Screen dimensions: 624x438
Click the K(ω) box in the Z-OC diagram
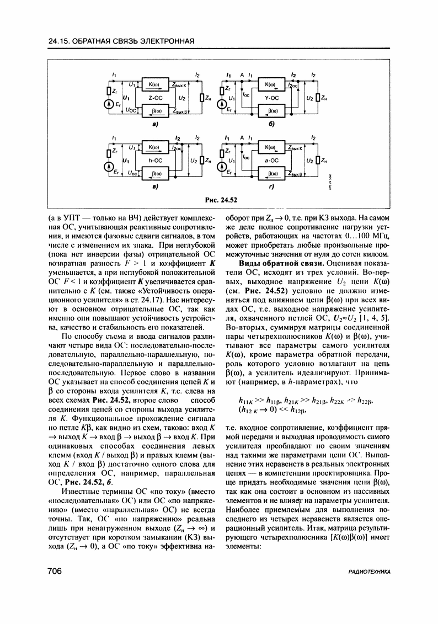[x=154, y=84]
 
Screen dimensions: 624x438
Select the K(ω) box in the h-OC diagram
[x=154, y=147]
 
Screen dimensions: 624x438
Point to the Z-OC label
[x=154, y=98]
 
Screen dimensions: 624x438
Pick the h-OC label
[x=154, y=161]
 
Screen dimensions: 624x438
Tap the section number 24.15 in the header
[x=59, y=41]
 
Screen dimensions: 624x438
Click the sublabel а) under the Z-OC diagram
[x=155, y=125]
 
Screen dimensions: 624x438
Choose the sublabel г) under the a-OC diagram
[x=271, y=188]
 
